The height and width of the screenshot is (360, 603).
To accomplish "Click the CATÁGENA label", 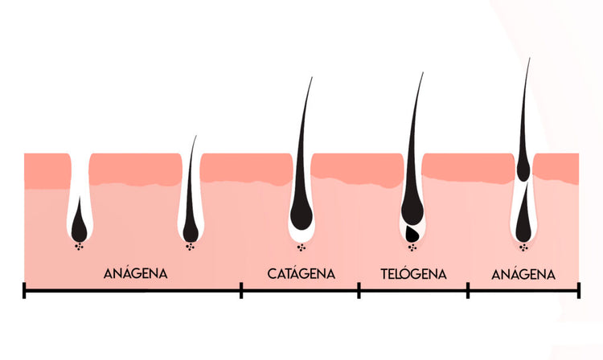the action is tap(301, 273).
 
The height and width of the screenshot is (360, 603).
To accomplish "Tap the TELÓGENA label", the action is tap(413, 274).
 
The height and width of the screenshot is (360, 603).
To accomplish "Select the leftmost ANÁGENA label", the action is tap(136, 273).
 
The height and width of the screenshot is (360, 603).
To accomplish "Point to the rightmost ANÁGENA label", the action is tap(523, 274).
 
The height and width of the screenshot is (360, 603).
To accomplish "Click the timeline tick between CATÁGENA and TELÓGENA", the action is tap(359, 290).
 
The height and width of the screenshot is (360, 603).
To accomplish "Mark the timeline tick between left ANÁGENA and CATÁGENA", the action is tap(241, 290).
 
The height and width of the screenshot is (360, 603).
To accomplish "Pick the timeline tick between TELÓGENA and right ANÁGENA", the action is tap(468, 290).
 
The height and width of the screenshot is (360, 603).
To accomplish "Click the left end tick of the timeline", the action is tap(24, 290).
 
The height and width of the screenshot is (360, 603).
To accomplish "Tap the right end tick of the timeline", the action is tap(578, 290).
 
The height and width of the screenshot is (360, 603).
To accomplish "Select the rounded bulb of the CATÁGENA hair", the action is tap(301, 217).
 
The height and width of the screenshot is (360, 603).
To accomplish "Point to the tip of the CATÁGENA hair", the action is tap(312, 77).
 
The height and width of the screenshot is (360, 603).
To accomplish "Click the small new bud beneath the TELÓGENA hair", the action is tap(412, 232).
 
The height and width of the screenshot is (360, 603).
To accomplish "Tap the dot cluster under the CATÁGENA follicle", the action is tap(301, 247).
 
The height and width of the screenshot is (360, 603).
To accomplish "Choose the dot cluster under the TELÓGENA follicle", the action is tap(412, 247).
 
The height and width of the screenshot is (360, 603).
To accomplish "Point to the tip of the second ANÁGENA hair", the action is tap(195, 136).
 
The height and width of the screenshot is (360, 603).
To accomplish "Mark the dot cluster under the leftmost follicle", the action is tap(80, 247).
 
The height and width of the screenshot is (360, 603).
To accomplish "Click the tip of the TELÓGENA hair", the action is tap(423, 72).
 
